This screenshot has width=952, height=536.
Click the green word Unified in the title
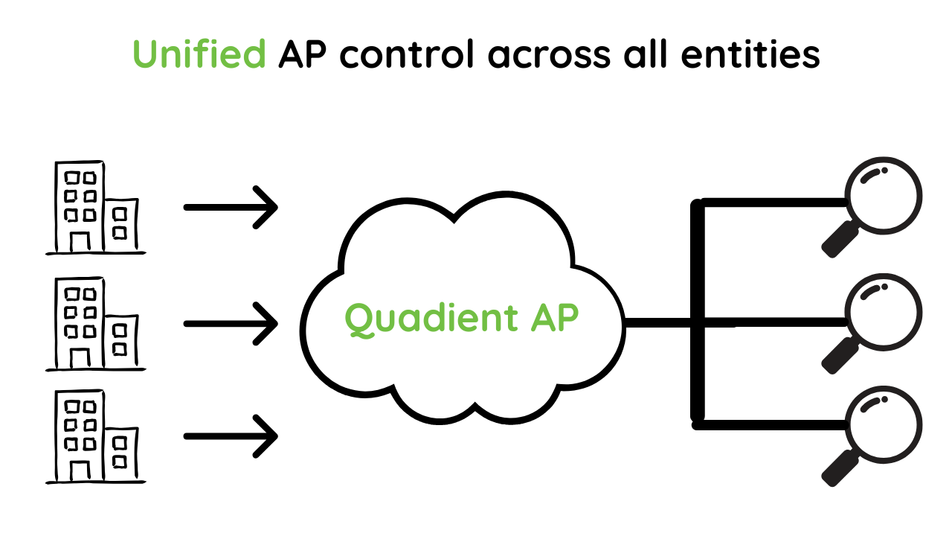[199, 54]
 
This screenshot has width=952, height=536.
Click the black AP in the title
[305, 54]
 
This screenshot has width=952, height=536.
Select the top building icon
[95, 208]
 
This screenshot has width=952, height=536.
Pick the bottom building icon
[95, 438]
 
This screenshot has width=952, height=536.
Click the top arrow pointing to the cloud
[231, 207]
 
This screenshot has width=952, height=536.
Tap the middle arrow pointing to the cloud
[231, 323]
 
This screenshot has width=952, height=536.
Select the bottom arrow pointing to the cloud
[231, 435]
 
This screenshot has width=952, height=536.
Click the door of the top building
[80, 241]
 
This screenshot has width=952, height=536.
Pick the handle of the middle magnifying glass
[840, 356]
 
